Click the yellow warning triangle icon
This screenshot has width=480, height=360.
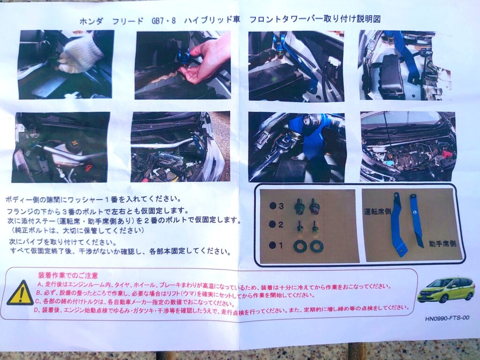click(20, 293)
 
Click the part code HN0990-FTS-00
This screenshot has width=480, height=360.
click(447, 318)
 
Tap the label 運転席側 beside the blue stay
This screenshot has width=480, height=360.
click(377, 211)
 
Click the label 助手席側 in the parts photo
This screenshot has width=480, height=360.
click(442, 244)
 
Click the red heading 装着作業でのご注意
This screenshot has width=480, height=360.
click(68, 276)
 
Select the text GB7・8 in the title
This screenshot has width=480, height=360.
click(164, 21)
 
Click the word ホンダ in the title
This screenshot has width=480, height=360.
click(91, 21)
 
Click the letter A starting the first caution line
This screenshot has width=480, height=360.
click(39, 284)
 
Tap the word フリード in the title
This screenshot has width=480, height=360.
click(127, 21)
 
